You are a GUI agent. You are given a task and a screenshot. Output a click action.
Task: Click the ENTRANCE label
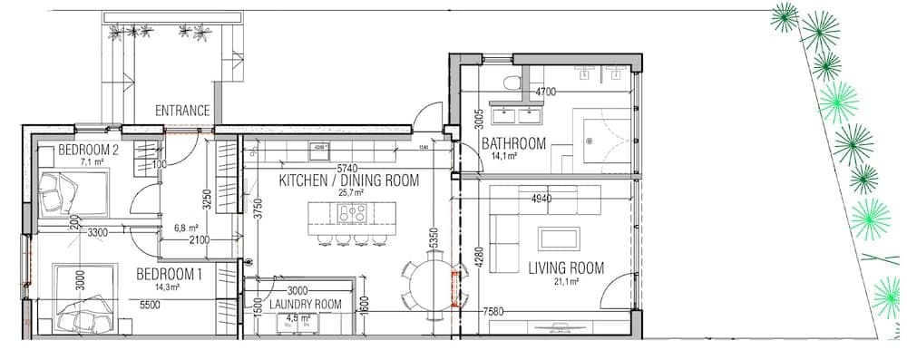click(182, 111)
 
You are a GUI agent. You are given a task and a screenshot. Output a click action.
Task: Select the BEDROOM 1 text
click(169, 274)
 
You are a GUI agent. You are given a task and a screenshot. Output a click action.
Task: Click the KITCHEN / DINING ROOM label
click(348, 180)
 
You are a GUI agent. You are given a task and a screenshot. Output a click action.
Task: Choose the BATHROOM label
click(513, 143)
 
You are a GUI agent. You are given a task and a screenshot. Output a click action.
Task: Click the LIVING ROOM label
click(566, 268)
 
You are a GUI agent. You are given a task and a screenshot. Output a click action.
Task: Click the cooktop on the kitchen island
click(352, 214)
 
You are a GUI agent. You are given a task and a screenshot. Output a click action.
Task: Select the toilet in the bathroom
click(514, 83)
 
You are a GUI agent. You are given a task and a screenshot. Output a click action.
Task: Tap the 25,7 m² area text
click(350, 193)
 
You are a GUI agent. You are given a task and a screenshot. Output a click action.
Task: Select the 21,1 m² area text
click(567, 281)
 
